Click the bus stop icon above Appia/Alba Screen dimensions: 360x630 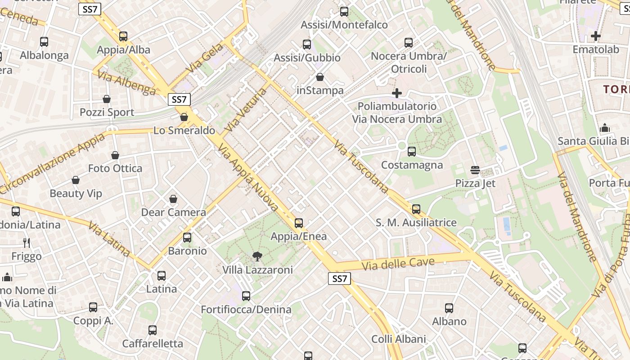click(x=123, y=36)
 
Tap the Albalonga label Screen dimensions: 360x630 click(x=44, y=55)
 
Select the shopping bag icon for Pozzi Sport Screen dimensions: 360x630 click(x=107, y=99)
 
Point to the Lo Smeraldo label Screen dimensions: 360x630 click(x=184, y=130)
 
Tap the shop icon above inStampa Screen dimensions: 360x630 click(x=320, y=77)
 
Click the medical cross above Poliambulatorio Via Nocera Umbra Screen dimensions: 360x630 click(x=397, y=93)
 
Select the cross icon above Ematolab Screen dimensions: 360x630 click(x=596, y=36)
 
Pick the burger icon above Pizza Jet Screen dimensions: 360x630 click(x=475, y=170)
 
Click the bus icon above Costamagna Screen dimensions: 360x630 click(x=412, y=152)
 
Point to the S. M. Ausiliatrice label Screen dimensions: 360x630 click(x=416, y=222)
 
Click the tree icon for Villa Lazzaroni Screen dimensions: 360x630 click(x=257, y=256)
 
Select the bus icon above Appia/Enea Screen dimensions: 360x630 click(x=299, y=223)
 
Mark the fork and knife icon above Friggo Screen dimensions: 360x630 click(x=27, y=243)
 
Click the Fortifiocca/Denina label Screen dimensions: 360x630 click(x=246, y=310)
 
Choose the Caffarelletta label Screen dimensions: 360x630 click(x=153, y=344)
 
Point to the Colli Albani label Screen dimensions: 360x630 click(x=398, y=339)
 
